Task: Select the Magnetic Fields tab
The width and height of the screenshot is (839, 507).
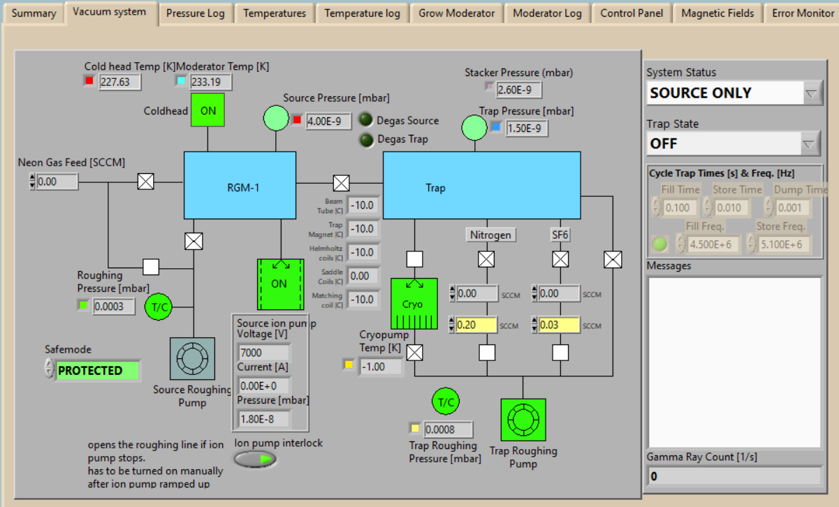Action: coord(717,13)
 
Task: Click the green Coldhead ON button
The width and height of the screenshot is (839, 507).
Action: coord(208,110)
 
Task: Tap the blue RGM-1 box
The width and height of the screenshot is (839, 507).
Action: coord(240,186)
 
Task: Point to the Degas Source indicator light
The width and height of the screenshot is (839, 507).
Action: coord(366,120)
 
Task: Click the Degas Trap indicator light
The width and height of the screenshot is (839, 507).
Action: coord(366,140)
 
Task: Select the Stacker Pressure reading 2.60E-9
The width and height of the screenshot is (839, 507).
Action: coord(518,89)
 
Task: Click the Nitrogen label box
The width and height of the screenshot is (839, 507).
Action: coord(490,235)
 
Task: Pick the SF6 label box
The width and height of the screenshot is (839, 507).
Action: coord(560,235)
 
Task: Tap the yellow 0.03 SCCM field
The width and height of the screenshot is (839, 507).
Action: coord(560,325)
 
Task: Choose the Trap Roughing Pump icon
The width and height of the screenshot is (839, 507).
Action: coord(523,420)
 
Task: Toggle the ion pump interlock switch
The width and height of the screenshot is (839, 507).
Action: coord(256,459)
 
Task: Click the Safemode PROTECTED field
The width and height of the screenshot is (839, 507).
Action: coord(97,371)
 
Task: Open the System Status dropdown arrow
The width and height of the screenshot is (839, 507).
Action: coord(811,94)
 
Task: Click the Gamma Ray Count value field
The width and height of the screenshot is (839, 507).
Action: coord(734,477)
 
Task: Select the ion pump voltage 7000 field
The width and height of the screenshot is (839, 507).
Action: coord(263,353)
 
